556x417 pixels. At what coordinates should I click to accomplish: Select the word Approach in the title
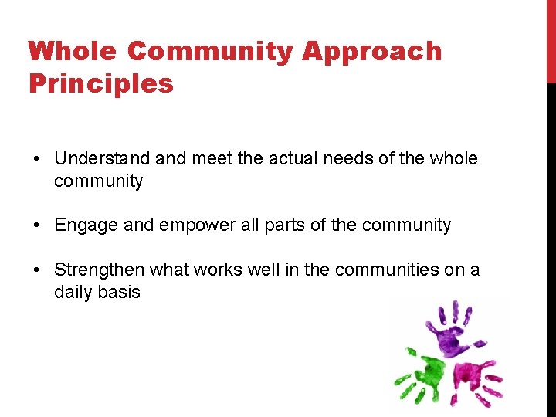[x=371, y=52]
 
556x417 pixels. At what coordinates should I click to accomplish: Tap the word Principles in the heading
[x=100, y=83]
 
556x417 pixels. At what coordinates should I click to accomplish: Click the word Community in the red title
[x=211, y=52]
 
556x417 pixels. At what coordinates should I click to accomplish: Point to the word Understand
[x=102, y=159]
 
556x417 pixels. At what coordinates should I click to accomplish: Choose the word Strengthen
[x=99, y=270]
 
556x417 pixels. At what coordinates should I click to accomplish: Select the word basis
[x=119, y=293]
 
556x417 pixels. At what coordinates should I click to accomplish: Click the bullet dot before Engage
[x=36, y=225]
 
